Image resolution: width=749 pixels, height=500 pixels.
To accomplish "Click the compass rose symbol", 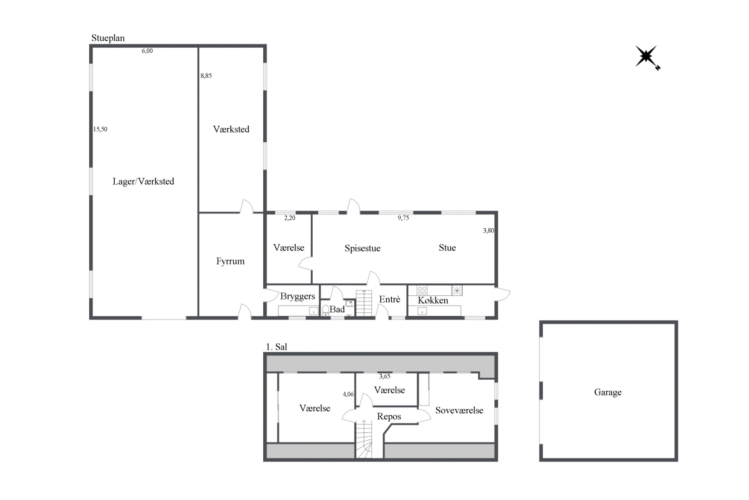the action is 647,57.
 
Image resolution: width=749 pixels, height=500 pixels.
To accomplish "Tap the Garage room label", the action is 607,392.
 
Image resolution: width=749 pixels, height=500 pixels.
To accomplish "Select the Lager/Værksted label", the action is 143,181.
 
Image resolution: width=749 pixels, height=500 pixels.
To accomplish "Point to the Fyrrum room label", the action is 230,261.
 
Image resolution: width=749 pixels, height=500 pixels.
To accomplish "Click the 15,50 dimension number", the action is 100,129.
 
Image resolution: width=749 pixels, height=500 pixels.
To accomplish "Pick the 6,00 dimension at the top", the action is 147,51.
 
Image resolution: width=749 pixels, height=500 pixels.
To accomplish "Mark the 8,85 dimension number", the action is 206,75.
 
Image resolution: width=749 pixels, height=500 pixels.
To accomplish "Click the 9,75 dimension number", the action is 403,218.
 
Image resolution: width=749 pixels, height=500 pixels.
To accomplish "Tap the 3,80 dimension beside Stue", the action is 488,230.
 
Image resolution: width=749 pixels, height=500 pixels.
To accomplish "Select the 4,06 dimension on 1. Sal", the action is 348,394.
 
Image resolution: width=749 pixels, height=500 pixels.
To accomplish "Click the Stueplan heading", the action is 108,38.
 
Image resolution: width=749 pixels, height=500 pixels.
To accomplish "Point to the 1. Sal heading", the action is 277,347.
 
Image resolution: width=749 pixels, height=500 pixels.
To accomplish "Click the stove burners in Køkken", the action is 422,290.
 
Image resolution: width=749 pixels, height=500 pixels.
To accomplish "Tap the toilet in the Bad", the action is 325,311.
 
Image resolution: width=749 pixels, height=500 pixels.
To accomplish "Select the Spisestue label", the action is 362,248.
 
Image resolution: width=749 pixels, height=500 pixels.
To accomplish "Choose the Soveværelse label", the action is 459,410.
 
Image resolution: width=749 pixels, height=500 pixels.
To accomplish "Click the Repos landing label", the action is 389,417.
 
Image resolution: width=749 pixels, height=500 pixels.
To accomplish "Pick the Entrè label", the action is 390,299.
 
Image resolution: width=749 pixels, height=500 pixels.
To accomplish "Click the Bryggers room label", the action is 297,296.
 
